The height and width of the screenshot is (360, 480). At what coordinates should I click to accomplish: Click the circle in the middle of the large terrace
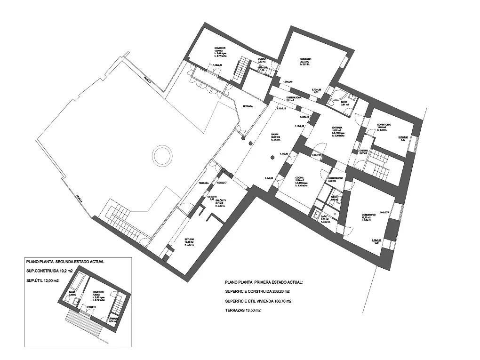click(x=161, y=154)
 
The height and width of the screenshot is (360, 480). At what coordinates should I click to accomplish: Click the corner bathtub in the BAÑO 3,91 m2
click(x=337, y=97)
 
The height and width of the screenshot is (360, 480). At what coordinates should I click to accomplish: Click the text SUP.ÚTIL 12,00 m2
click(x=43, y=280)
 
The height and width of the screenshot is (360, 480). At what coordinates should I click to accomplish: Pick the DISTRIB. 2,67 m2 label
click(x=363, y=152)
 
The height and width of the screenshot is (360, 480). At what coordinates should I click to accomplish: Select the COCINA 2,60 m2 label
click(x=262, y=60)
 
